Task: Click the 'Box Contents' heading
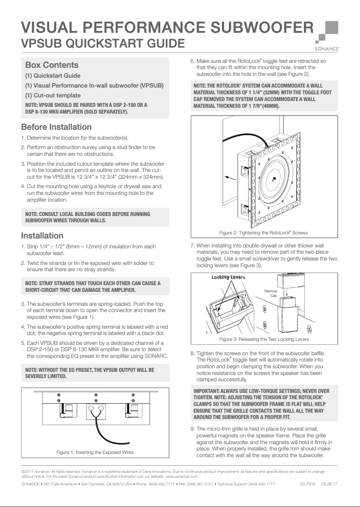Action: [x=52, y=65]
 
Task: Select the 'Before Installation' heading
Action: [x=56, y=127]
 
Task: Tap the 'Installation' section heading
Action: [x=42, y=236]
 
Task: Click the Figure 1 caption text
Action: [x=95, y=452]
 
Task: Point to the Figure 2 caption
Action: [x=263, y=233]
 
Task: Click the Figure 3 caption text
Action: [x=264, y=339]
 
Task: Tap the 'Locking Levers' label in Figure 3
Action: [x=228, y=277]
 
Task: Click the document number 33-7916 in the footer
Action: [x=307, y=484]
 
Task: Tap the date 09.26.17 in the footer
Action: [x=329, y=484]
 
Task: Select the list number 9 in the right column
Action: [x=193, y=429]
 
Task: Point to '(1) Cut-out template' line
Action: [x=53, y=95]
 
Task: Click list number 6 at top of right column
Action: [x=193, y=61]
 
